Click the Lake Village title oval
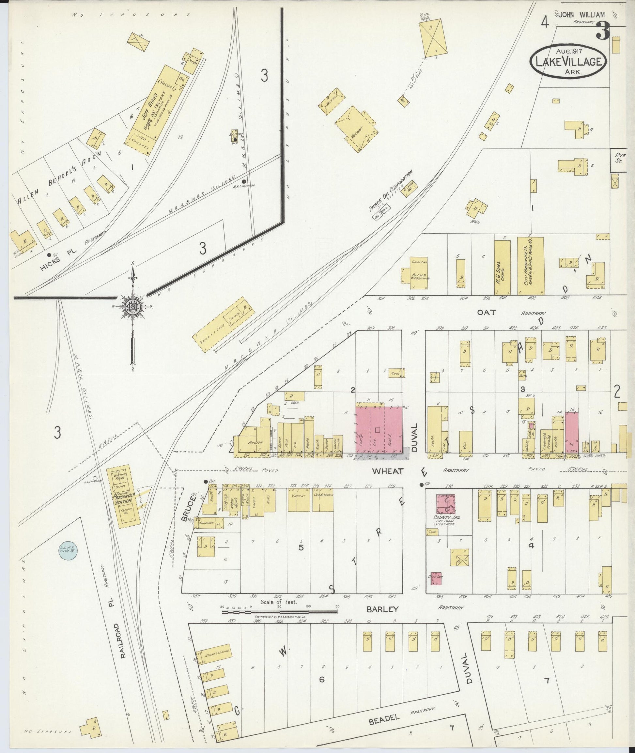568,61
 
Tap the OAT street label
486,313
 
